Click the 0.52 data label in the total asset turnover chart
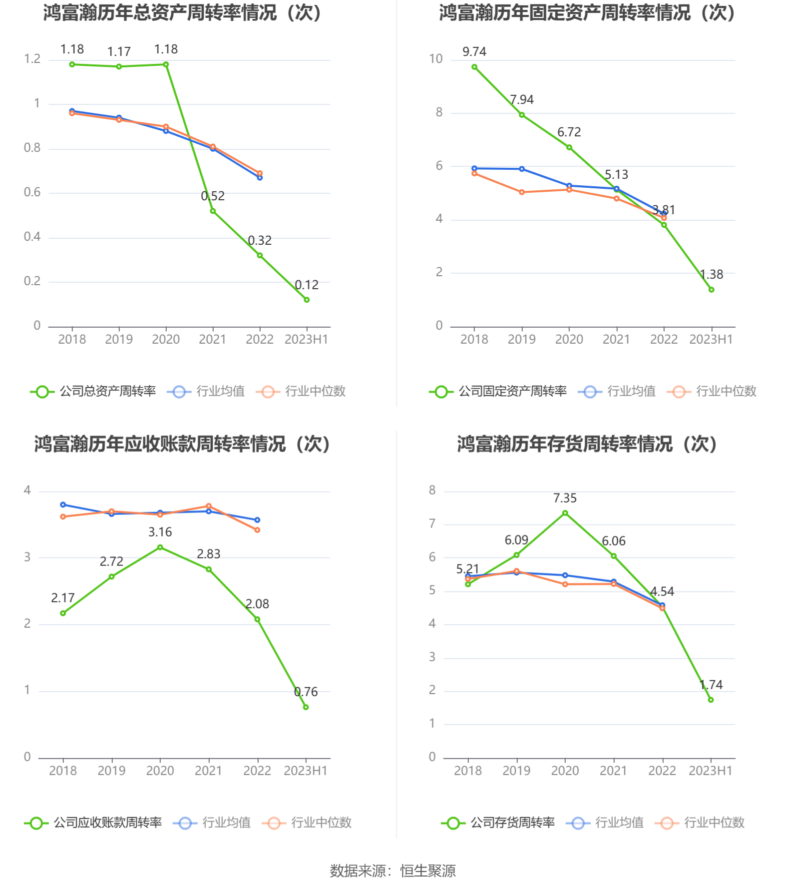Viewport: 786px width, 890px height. pos(213,196)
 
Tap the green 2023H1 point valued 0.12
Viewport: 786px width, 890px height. pos(307,300)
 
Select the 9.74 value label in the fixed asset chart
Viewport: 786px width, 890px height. pos(474,51)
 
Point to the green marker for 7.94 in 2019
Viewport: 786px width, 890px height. pos(522,115)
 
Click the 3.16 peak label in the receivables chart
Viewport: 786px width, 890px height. pos(160,532)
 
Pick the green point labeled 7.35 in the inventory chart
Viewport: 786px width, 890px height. pos(565,513)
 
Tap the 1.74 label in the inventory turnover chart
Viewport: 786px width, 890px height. pos(711,685)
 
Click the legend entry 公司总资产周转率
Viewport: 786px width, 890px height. pos(107,391)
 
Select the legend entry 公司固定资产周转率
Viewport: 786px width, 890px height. pos(512,391)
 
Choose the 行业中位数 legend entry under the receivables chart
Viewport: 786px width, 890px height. pos(321,823)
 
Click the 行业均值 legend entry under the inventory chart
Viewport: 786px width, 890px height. pos(619,823)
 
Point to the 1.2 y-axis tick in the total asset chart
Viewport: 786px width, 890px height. pos(32,59)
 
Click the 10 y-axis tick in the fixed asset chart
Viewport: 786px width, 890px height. pos(435,59)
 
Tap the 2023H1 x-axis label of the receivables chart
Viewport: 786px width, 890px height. pos(306,771)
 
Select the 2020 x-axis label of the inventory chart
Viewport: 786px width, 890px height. pos(565,771)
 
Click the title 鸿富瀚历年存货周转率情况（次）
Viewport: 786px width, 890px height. pos(587,444)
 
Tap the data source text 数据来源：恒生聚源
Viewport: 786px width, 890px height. pos(393,871)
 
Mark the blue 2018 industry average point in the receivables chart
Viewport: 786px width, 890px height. pos(63,505)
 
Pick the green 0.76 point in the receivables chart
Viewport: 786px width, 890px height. pos(306,707)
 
